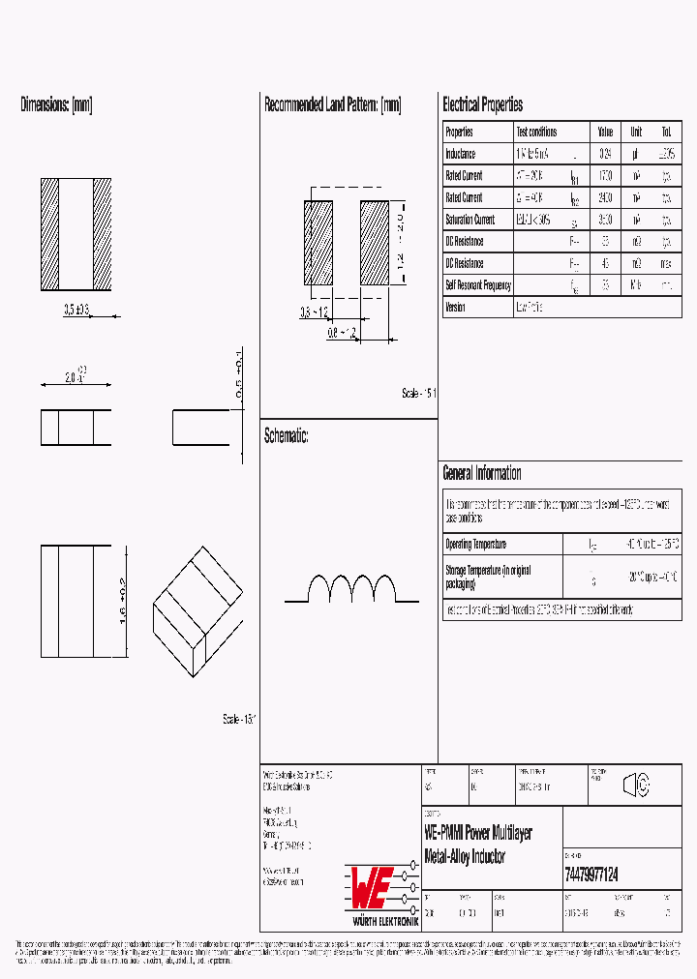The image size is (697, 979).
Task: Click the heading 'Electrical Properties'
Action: pyautogui.click(x=482, y=104)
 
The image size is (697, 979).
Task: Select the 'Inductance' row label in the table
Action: pyautogui.click(x=461, y=154)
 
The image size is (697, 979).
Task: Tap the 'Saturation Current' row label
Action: pyautogui.click(x=470, y=220)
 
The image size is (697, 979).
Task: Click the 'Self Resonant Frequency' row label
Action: pyautogui.click(x=478, y=285)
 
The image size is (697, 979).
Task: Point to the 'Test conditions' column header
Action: pyautogui.click(x=536, y=132)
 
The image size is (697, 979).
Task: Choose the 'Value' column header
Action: pyautogui.click(x=605, y=132)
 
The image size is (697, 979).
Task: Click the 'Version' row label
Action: pyautogui.click(x=455, y=308)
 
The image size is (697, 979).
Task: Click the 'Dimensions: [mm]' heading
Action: pyautogui.click(x=56, y=104)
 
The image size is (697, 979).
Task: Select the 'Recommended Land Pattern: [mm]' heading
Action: pyautogui.click(x=332, y=104)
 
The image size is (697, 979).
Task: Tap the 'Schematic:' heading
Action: pyautogui.click(x=287, y=436)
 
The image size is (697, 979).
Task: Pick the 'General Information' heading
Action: pyautogui.click(x=482, y=473)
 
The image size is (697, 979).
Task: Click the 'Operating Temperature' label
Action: pyautogui.click(x=475, y=545)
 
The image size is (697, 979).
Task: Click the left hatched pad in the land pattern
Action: pyautogui.click(x=318, y=242)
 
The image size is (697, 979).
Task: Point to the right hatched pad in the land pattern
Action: pyautogui.click(x=373, y=242)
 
